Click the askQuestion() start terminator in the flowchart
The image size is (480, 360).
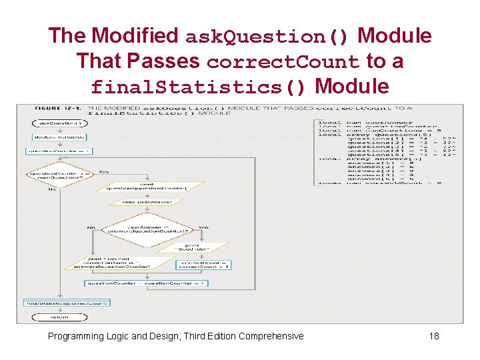coord(60,123)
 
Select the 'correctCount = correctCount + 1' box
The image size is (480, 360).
coord(203,265)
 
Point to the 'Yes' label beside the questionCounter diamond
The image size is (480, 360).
coord(104,171)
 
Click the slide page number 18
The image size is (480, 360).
coord(434,335)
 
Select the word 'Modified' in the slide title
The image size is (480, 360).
coord(135,35)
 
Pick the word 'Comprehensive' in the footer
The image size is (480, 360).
coord(271,335)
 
